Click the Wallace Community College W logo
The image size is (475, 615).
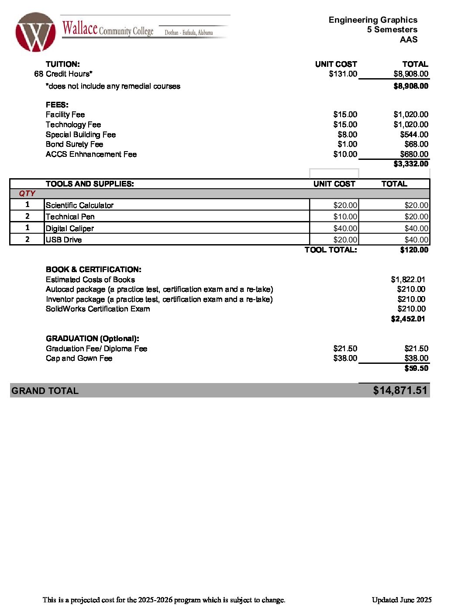click(35, 32)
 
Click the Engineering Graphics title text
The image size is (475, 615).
click(373, 20)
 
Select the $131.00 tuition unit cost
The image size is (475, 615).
click(343, 74)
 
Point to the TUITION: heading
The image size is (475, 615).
click(63, 64)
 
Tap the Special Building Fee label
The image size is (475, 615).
click(81, 135)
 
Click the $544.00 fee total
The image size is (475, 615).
click(414, 135)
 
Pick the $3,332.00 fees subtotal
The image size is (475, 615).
click(411, 164)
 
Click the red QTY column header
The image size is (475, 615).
click(27, 193)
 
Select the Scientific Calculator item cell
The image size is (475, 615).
click(79, 205)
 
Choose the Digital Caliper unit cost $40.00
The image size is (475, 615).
click(345, 228)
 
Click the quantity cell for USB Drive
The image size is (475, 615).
click(27, 239)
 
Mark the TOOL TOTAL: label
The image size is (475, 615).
click(330, 250)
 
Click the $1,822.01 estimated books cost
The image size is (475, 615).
click(408, 280)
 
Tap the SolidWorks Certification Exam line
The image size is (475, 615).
click(98, 309)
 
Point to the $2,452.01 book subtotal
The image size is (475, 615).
click(408, 319)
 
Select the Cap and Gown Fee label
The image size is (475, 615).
click(79, 358)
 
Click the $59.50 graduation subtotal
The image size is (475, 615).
click(416, 368)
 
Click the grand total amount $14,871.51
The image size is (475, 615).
click(400, 390)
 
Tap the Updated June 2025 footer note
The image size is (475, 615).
click(402, 600)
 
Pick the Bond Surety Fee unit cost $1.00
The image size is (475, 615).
click(347, 144)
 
